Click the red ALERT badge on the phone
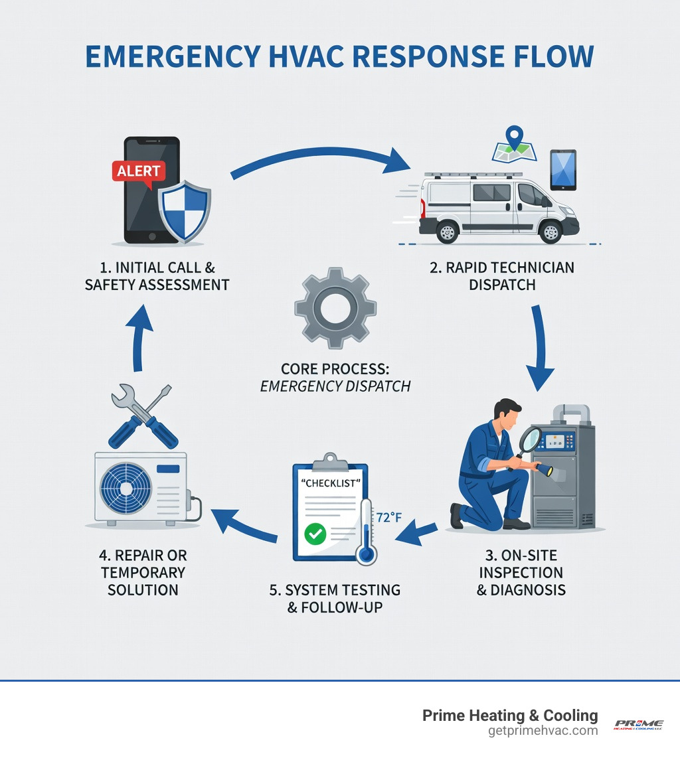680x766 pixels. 138,171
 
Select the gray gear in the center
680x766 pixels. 335,309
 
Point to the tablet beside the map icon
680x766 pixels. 562,171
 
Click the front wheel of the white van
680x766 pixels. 550,232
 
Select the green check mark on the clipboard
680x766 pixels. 314,534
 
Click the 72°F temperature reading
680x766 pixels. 389,517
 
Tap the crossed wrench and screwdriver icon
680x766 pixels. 141,416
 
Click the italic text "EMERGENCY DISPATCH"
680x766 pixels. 335,386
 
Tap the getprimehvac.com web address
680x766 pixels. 543,730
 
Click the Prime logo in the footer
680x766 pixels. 638,724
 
